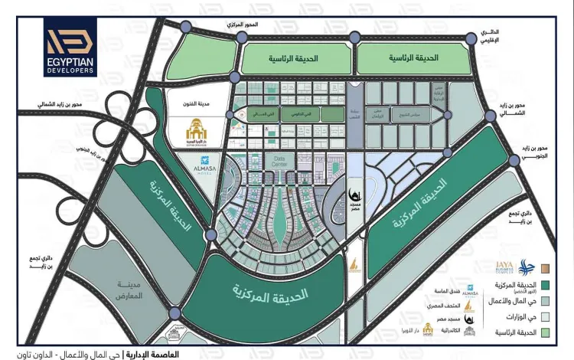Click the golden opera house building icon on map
tap(193, 135)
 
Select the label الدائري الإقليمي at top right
tap(490, 37)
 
